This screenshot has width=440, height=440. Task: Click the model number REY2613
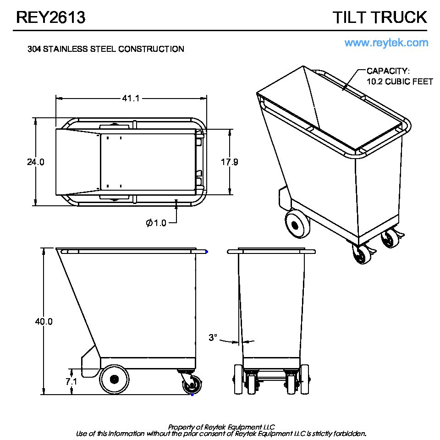[x=50, y=17]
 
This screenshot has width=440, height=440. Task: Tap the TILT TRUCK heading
[x=380, y=17]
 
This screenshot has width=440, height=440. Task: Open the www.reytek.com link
[x=386, y=43]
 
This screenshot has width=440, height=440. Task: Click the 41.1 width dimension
[x=131, y=98]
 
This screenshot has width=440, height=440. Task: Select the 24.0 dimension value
[x=36, y=162]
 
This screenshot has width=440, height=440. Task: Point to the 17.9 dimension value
[x=230, y=162]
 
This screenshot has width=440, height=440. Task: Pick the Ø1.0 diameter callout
[x=156, y=223]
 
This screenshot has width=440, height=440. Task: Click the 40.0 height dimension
[x=44, y=321]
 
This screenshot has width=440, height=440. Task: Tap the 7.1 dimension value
[x=71, y=381]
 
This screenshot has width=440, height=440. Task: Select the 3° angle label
[x=213, y=337]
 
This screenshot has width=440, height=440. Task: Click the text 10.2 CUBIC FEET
[x=400, y=82]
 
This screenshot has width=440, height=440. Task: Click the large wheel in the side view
[x=114, y=379]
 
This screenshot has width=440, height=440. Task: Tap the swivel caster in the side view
[x=191, y=382]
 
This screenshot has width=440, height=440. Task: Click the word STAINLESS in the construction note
[x=66, y=49]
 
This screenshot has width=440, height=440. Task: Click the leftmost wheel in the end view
[x=238, y=379]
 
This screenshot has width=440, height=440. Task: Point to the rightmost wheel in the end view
[x=305, y=379]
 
